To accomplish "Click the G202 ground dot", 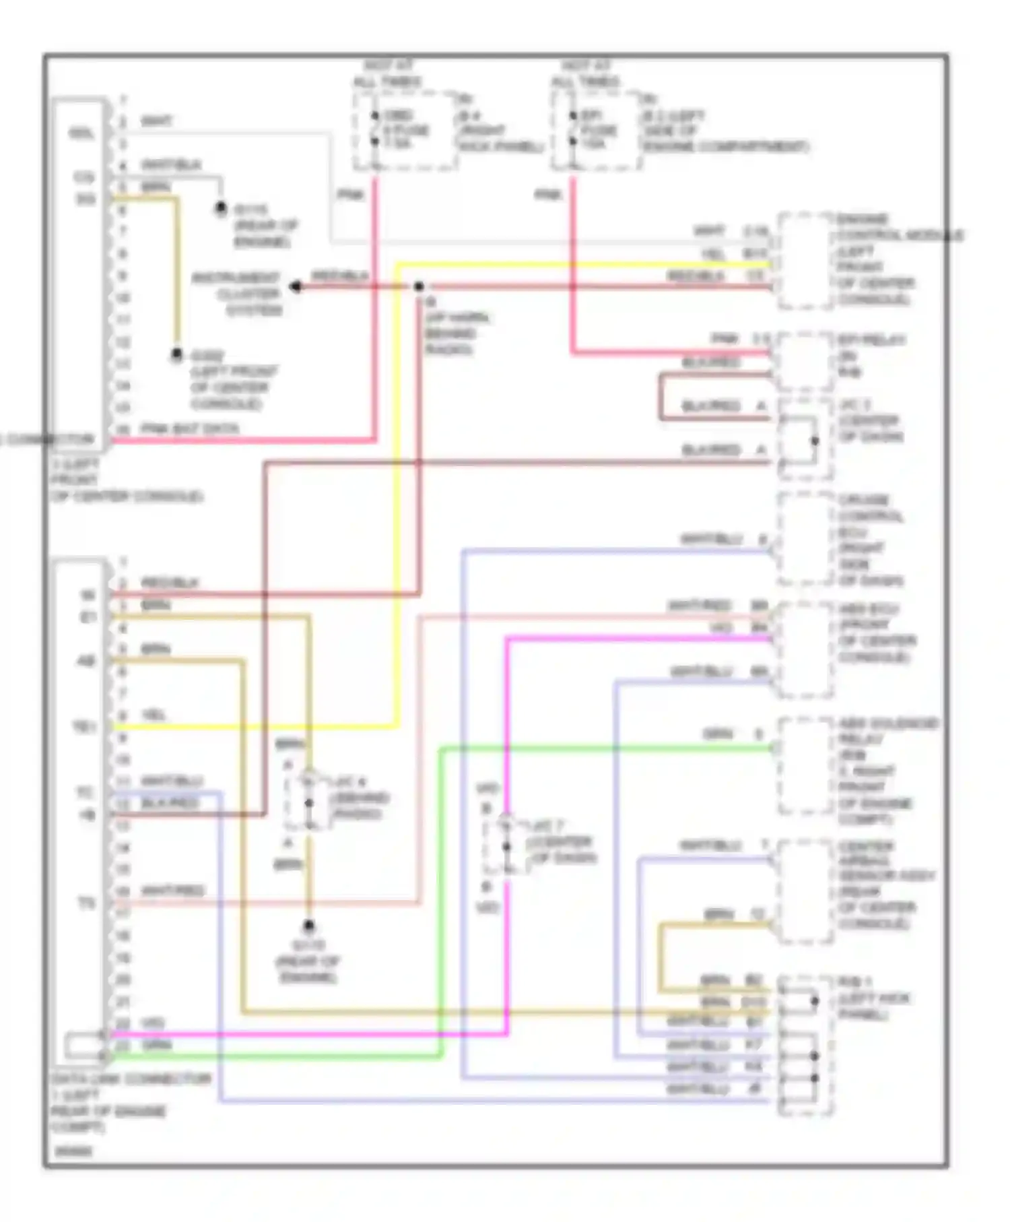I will [x=176, y=354].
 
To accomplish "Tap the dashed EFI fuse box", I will [x=595, y=131].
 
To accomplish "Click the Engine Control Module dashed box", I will [x=805, y=261].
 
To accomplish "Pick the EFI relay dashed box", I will [x=805, y=361].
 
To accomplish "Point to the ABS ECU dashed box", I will [x=805, y=649].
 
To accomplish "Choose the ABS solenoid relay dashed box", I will [x=805, y=766].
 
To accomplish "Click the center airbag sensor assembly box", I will [x=805, y=891].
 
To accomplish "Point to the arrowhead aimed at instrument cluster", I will [x=296, y=287].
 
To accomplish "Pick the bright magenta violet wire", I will [x=506, y=741].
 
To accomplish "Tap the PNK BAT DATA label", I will [x=190, y=428].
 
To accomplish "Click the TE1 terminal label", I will [x=85, y=728].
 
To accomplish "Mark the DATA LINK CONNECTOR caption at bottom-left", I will [x=131, y=1079].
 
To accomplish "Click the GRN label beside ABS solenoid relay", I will [x=718, y=734].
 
